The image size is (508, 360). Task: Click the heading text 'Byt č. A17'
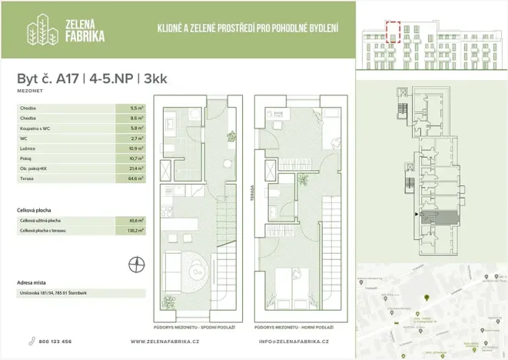click(50, 78)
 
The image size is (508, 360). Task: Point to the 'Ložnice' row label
click(28, 148)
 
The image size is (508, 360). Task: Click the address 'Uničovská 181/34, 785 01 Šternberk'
click(57, 293)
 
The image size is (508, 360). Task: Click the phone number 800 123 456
click(55, 341)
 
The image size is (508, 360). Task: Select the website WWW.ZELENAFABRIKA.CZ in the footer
click(165, 341)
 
